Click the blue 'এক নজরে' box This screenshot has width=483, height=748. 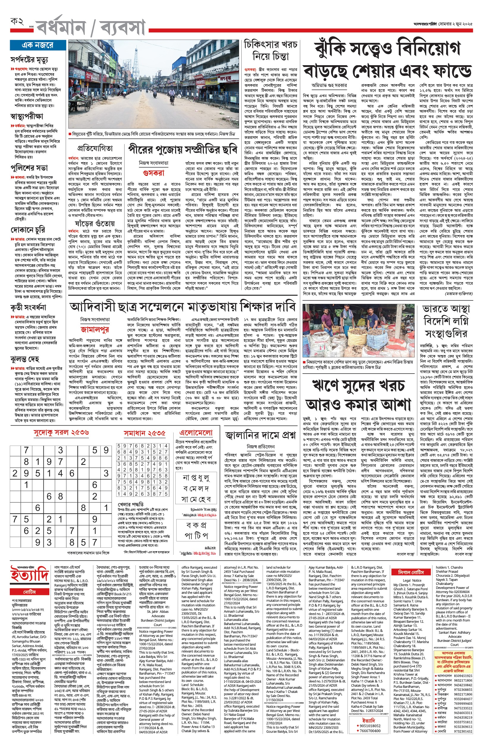[38, 45]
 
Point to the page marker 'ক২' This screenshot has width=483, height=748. [17, 22]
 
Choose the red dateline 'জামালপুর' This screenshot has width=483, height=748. [95, 330]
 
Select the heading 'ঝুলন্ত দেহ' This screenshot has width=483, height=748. [25, 359]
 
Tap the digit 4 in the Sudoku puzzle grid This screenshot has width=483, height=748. [60, 473]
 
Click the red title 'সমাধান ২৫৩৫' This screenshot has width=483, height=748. [144, 433]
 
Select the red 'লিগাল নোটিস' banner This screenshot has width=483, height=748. [411, 572]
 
